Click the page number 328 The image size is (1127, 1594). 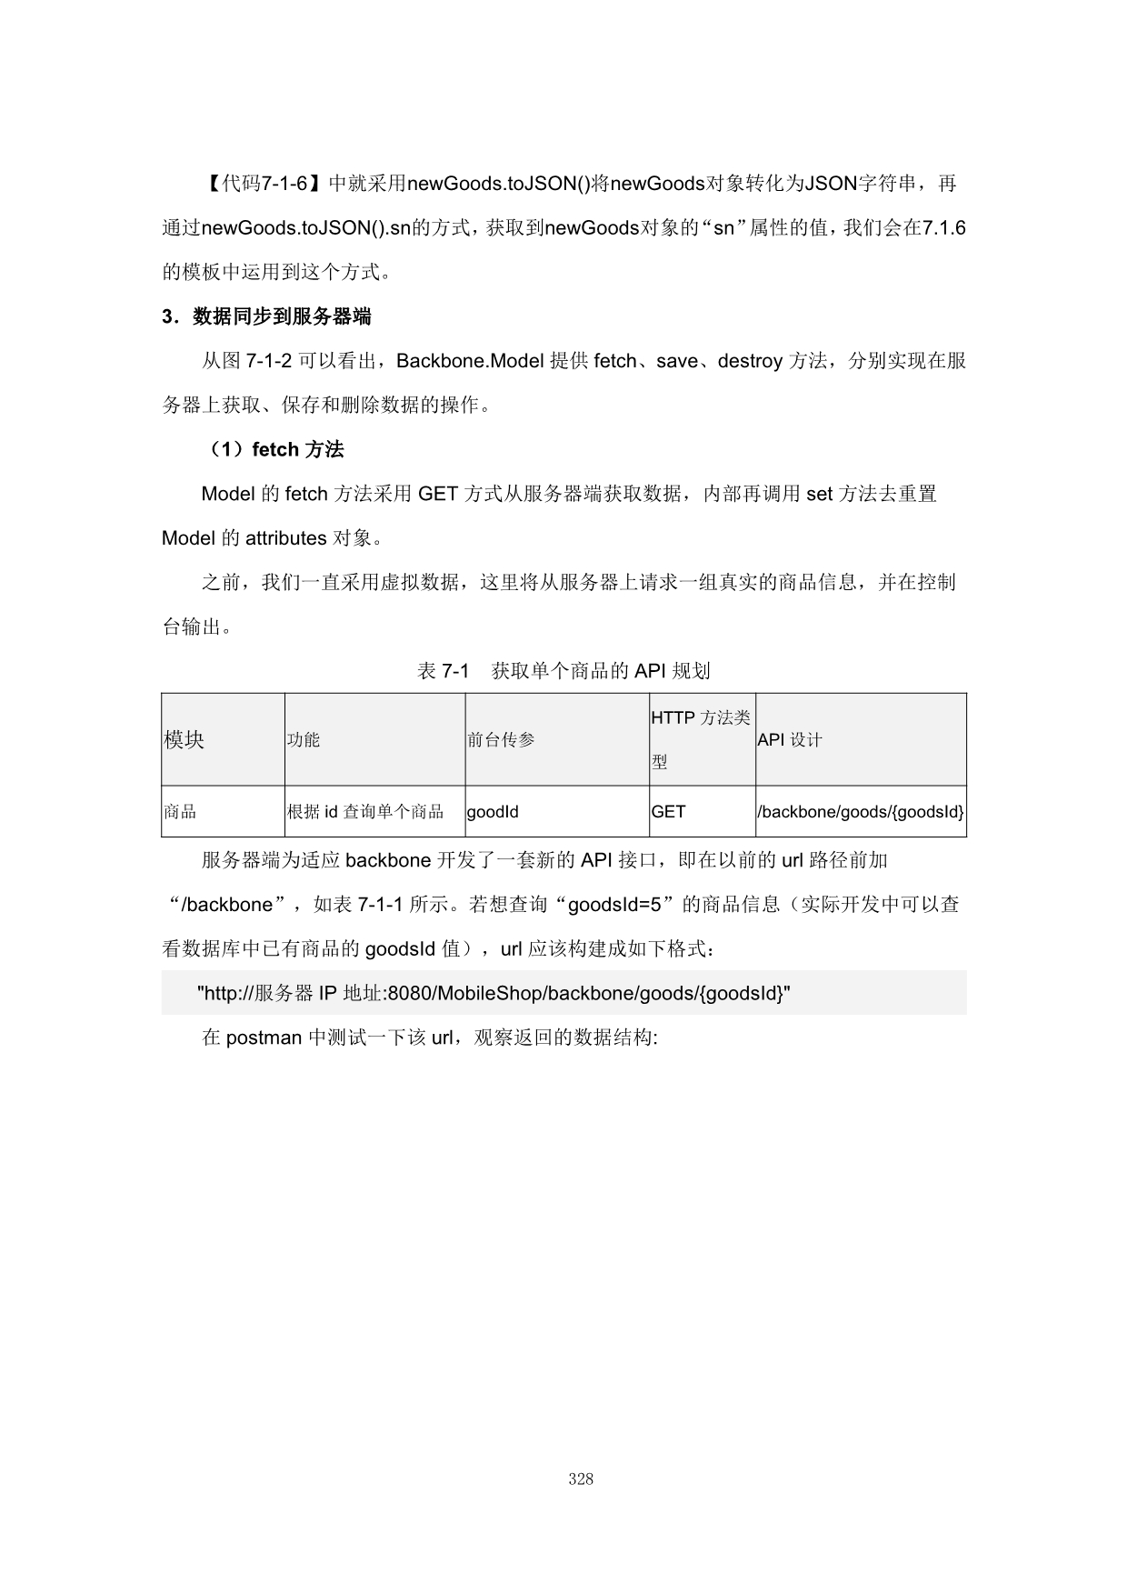[581, 1479]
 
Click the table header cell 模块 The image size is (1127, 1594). [185, 739]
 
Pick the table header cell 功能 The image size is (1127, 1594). [304, 739]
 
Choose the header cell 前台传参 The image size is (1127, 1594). [501, 739]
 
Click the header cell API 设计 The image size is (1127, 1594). [790, 739]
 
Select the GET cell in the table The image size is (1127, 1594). [668, 811]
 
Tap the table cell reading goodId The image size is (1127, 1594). [493, 811]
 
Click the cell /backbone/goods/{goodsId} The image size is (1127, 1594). [861, 811]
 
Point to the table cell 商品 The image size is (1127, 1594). [180, 811]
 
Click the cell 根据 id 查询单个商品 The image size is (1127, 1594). [365, 811]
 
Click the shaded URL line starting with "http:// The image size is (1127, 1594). [494, 993]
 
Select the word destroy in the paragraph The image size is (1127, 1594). [750, 361]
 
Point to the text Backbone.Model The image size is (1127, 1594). [470, 361]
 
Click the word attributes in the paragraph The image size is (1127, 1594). [285, 538]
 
